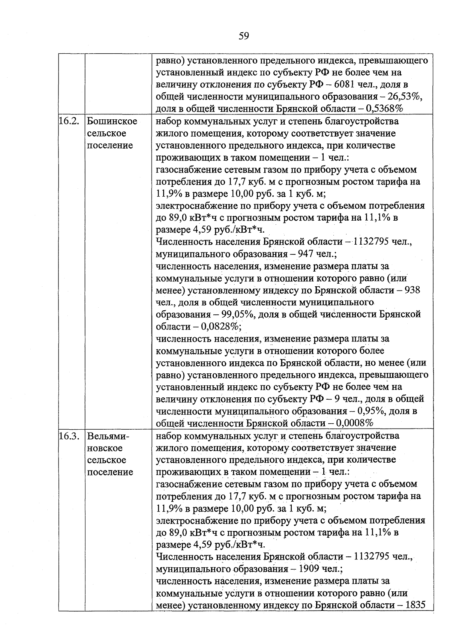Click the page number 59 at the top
244,36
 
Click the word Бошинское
112,122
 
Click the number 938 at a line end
410,290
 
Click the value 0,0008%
355,423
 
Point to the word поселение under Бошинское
110,146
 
